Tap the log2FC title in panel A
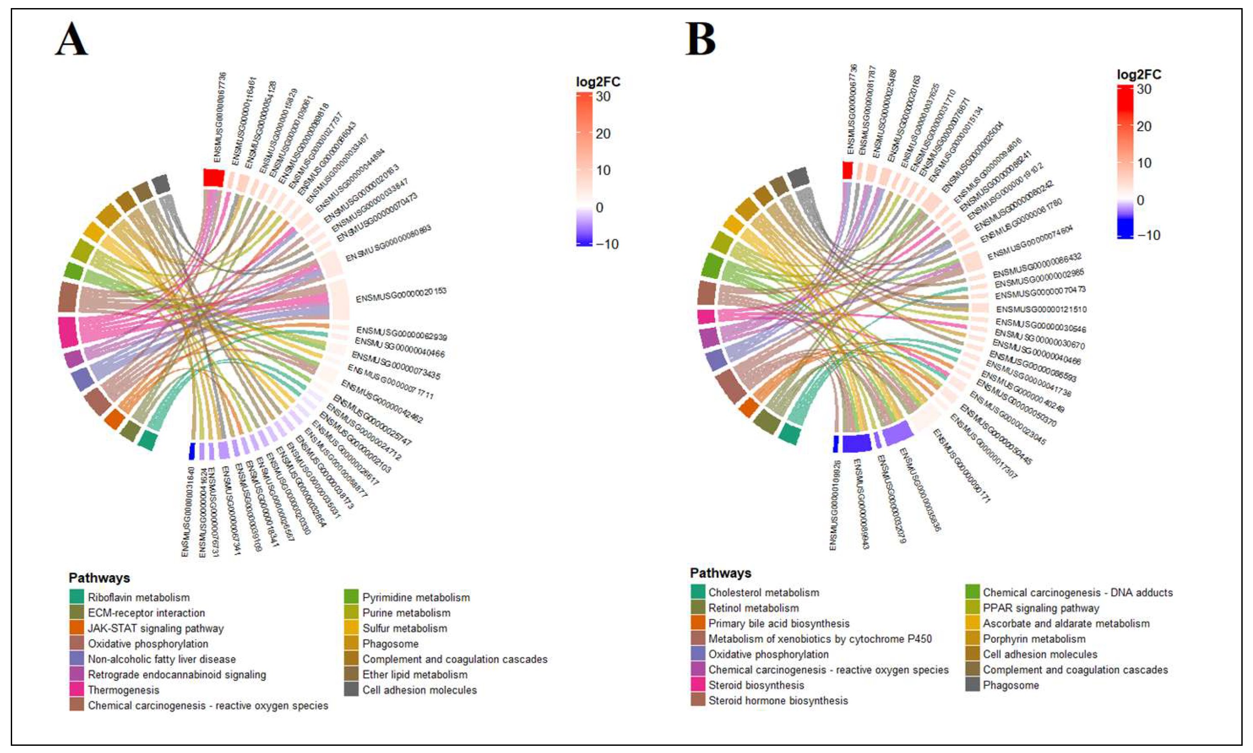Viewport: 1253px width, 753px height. click(598, 82)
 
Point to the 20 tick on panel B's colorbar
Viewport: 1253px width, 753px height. click(1144, 126)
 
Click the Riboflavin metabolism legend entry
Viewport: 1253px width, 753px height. click(138, 597)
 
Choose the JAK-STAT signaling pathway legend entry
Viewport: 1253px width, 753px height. click(155, 628)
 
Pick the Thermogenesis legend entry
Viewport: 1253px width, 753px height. click(124, 690)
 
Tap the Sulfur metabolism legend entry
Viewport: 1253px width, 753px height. click(405, 628)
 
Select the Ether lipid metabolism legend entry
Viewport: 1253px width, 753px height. click(415, 674)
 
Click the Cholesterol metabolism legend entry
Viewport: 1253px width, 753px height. click(763, 592)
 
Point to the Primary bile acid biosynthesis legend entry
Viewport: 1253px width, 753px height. click(778, 623)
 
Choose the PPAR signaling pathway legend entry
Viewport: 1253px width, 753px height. click(1041, 608)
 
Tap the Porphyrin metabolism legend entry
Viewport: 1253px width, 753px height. click(1034, 639)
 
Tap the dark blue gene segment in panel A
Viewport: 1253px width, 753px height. click(192, 450)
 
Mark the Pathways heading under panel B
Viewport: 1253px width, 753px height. click(720, 573)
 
